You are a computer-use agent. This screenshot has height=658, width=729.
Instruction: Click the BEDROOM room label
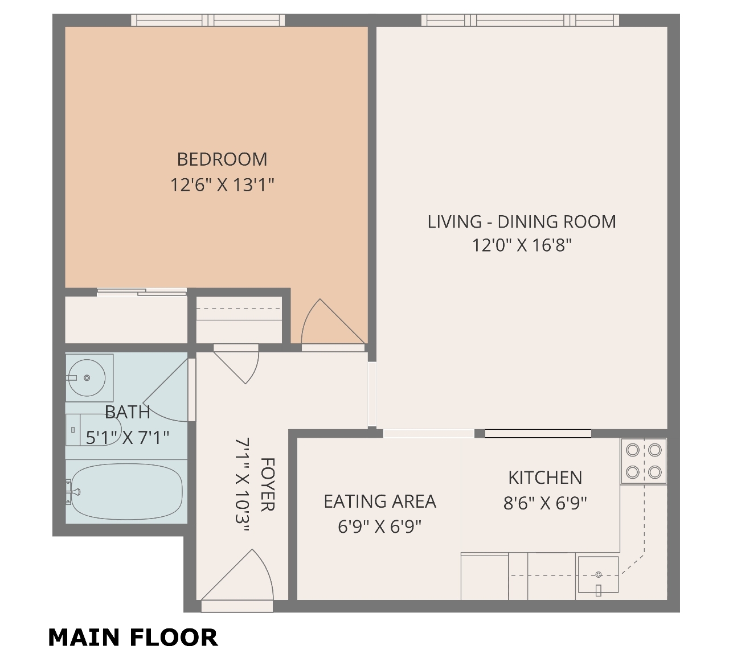(222, 159)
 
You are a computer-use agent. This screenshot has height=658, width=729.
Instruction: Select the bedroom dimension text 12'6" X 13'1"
(222, 185)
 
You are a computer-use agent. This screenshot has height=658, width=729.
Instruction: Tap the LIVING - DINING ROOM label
(522, 221)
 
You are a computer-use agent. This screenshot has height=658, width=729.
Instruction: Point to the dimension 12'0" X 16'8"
(522, 245)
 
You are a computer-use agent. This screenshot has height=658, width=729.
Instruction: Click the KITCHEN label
(545, 478)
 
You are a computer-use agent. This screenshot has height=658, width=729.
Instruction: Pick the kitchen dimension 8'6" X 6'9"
(545, 503)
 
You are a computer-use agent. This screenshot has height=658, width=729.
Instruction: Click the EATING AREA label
(380, 501)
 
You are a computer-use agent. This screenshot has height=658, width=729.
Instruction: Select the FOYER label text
(268, 484)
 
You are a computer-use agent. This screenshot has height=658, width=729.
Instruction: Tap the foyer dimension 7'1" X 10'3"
(243, 485)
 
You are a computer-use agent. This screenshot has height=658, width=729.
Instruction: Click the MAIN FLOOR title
(133, 638)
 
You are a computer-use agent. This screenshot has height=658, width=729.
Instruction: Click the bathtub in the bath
(126, 492)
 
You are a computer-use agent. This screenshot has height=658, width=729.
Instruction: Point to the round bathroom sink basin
(87, 378)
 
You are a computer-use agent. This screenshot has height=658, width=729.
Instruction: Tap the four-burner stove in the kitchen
(644, 462)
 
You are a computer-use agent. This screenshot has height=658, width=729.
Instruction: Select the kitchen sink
(598, 574)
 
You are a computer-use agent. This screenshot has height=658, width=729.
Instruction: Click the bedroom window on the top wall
(208, 20)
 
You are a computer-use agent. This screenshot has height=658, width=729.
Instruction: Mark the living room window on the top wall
(520, 20)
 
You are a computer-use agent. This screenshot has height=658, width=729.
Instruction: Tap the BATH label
(128, 412)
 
